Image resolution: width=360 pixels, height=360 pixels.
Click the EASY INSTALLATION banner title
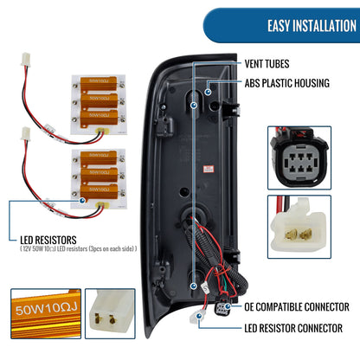[x=312, y=26]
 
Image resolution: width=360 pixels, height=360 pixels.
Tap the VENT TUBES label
[x=267, y=64]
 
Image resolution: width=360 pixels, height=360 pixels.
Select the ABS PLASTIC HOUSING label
[x=287, y=83]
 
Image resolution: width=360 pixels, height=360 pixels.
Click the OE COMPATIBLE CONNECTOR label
[x=297, y=306]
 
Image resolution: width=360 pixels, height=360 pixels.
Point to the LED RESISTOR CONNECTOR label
[x=293, y=328]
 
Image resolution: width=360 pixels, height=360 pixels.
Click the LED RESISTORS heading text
[x=48, y=240]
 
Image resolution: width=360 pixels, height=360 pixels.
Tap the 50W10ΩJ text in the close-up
[x=46, y=309]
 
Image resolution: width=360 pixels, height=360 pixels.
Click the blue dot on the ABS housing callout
[x=208, y=92]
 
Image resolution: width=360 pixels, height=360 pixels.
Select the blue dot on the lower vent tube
[x=194, y=286]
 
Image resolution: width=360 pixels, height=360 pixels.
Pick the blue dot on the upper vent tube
[x=194, y=106]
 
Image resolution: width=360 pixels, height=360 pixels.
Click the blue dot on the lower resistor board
[x=82, y=201]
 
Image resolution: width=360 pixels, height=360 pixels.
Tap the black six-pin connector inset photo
[x=299, y=157]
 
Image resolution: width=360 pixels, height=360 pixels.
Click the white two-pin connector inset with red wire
[x=299, y=227]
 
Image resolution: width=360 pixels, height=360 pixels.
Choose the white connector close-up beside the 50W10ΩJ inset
[x=110, y=313]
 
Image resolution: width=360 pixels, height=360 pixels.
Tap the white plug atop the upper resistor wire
[x=26, y=60]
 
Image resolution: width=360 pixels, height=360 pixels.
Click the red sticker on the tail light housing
[x=208, y=169]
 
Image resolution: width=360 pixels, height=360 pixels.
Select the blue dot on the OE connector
[x=228, y=306]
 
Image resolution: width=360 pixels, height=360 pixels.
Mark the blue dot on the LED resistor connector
[x=199, y=316]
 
